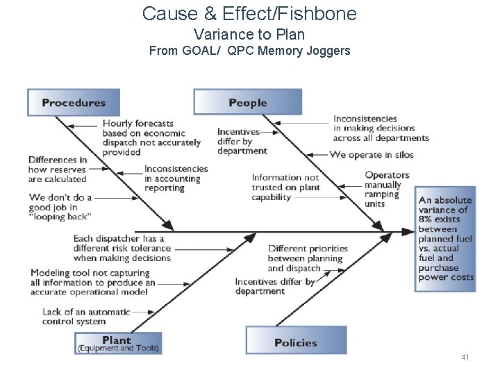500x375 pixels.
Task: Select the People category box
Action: (x=248, y=103)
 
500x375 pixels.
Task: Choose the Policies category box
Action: (x=296, y=342)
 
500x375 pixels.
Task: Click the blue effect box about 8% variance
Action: (x=445, y=239)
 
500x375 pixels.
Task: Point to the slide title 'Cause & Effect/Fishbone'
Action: (x=249, y=13)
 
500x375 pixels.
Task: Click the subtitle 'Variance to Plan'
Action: (x=249, y=34)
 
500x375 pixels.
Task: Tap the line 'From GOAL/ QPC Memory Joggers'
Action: (x=249, y=51)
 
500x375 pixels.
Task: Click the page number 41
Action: (x=465, y=358)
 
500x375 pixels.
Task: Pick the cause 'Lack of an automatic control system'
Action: (x=86, y=317)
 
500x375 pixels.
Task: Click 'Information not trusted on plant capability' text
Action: (x=285, y=187)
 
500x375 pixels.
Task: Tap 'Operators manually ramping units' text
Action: (x=387, y=190)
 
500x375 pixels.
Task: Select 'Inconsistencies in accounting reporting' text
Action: (x=176, y=178)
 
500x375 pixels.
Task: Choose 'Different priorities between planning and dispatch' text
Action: (x=308, y=258)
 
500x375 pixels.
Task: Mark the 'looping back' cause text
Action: (x=60, y=207)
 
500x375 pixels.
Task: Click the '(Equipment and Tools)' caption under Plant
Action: (x=118, y=349)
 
